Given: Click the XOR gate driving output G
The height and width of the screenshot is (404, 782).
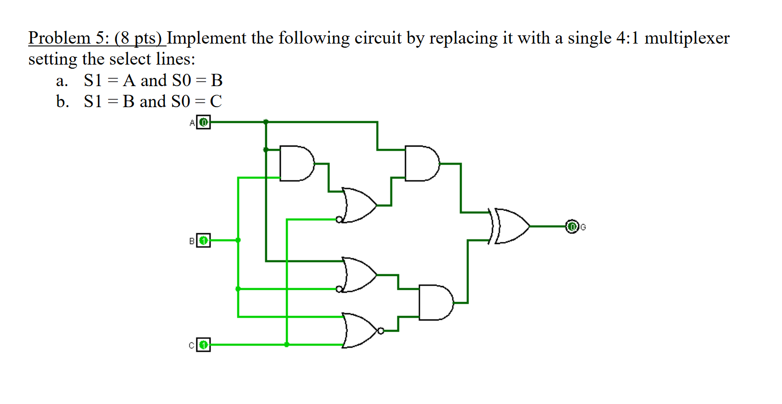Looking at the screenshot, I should click(510, 226).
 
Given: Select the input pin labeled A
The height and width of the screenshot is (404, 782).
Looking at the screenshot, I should click(203, 123).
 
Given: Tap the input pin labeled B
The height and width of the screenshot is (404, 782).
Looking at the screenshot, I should click(203, 240).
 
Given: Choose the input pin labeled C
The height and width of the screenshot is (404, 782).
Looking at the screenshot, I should click(203, 345).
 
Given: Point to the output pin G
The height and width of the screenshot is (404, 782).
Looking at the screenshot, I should click(571, 226).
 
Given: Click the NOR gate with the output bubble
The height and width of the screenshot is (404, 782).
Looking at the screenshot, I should click(361, 331).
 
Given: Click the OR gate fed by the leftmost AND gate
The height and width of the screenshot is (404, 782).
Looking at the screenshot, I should click(359, 205).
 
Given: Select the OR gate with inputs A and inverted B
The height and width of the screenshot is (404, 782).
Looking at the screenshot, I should click(359, 275).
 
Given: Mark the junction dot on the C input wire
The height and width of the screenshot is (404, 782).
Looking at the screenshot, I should click(286, 345).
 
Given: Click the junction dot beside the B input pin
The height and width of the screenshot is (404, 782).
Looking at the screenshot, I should click(238, 240).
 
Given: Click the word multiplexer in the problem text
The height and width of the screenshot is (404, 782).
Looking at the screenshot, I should click(687, 38).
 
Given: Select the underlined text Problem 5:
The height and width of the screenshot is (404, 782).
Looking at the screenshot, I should click(67, 38).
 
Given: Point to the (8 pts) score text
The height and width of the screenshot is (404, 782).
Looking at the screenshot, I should click(138, 38).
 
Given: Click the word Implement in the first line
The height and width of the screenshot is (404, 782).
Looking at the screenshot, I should click(207, 38).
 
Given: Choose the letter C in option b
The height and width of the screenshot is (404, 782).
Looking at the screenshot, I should click(216, 102).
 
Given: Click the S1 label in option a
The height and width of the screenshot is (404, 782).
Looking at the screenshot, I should click(93, 80).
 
